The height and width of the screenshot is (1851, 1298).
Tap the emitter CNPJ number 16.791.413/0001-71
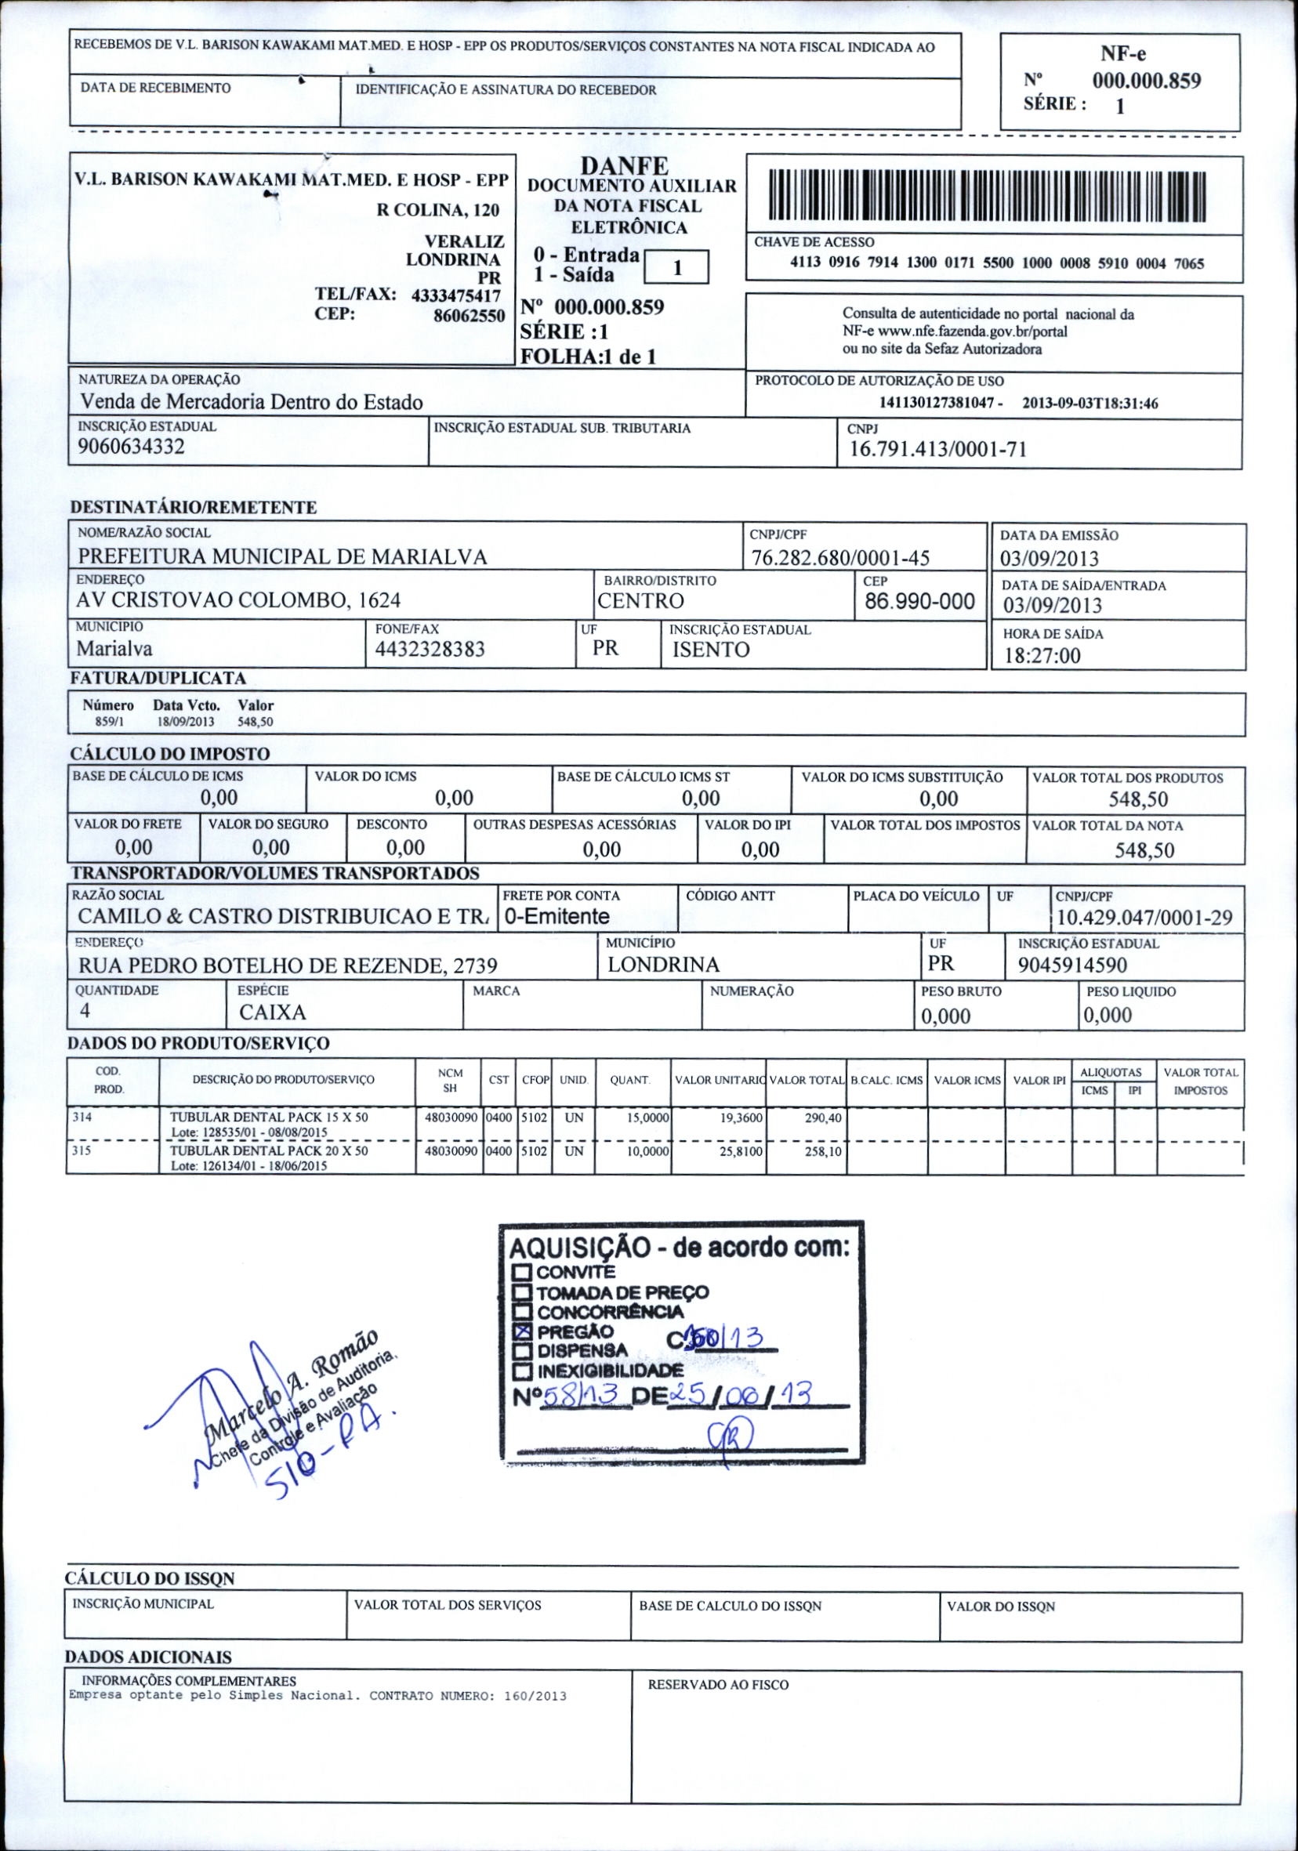[x=933, y=449]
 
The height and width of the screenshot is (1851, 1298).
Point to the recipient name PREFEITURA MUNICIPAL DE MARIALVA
[x=282, y=556]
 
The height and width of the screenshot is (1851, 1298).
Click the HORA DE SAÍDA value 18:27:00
[x=1042, y=655]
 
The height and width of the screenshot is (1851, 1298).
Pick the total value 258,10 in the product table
[x=822, y=1152]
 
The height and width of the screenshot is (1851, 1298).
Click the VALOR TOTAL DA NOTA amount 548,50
[x=1144, y=850]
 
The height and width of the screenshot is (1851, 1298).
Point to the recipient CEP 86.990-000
[x=920, y=600]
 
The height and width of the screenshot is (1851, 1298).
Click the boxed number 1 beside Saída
[x=678, y=268]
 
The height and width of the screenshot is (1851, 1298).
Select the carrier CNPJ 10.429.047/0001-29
[x=1144, y=918]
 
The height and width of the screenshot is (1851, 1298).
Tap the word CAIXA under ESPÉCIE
[x=273, y=1012]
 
